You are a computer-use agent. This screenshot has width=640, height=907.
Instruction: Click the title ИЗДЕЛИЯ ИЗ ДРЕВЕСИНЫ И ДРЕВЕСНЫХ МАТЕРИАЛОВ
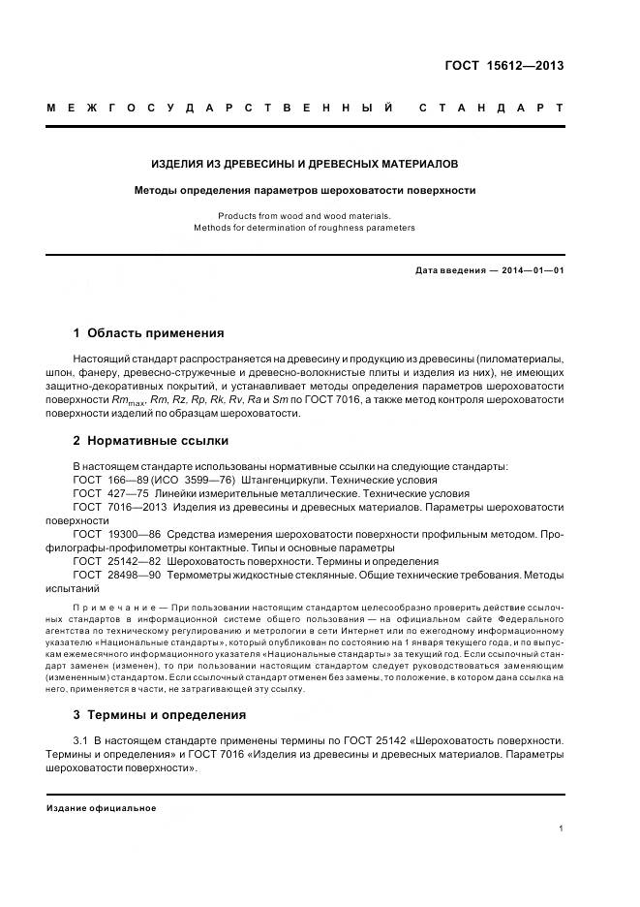click(x=305, y=164)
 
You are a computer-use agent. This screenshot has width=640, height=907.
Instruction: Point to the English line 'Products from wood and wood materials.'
click(x=304, y=215)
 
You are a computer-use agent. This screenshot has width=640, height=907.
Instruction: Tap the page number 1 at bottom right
click(x=561, y=829)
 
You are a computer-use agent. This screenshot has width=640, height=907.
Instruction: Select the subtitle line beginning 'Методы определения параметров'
click(x=305, y=190)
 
